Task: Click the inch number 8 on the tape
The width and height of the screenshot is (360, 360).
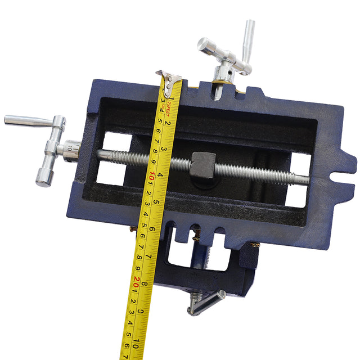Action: [x=145, y=284]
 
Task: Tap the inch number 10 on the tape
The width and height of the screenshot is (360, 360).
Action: [x=137, y=337]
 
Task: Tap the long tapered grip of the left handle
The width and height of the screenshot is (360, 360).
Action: [x=28, y=120]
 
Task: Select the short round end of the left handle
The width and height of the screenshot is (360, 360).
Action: [x=43, y=175]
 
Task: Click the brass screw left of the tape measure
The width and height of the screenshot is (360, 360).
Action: [x=133, y=229]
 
